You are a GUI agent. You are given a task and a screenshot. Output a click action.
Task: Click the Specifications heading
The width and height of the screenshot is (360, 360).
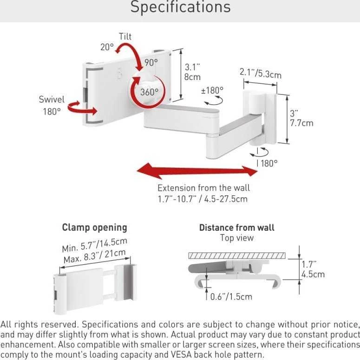click(180, 7)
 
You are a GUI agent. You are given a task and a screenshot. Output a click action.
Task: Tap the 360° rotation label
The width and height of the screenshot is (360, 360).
click(149, 92)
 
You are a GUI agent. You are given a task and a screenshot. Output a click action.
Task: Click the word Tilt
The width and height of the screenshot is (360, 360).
click(125, 37)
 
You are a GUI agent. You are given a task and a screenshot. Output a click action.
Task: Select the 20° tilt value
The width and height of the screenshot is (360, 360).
click(107, 47)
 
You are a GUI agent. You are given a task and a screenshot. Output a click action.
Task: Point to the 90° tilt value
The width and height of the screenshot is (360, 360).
click(151, 62)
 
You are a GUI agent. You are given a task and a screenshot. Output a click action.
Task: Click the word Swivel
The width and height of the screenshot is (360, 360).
click(52, 100)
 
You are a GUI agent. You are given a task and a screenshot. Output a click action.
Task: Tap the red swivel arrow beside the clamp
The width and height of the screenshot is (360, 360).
click(82, 109)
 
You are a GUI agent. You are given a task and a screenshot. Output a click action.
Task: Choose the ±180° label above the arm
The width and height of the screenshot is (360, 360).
click(212, 90)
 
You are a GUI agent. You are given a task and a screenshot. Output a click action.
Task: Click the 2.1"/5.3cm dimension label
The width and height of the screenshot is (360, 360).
click(260, 73)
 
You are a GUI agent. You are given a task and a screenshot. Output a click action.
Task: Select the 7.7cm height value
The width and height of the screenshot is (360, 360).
click(301, 123)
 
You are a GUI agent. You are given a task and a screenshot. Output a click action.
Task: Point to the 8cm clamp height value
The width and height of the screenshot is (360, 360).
click(192, 77)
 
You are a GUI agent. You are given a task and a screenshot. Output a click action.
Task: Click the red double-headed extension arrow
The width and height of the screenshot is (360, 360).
click(197, 171)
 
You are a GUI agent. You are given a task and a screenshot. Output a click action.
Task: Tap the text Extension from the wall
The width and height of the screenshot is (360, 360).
click(203, 188)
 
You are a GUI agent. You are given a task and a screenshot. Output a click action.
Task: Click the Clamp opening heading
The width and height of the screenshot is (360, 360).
click(95, 227)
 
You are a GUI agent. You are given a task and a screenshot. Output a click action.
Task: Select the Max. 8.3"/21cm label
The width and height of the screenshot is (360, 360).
click(95, 256)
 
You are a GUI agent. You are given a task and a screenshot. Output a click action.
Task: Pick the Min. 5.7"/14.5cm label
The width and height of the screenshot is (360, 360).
click(94, 245)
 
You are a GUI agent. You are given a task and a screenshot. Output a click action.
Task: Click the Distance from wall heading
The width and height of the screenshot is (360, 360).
click(237, 228)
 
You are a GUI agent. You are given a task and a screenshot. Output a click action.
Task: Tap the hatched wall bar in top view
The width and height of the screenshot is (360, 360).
click(237, 256)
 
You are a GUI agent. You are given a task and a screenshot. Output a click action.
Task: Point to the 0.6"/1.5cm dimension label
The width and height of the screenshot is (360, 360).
click(231, 297)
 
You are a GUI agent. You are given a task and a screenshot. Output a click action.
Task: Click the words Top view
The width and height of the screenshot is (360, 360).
click(237, 238)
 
